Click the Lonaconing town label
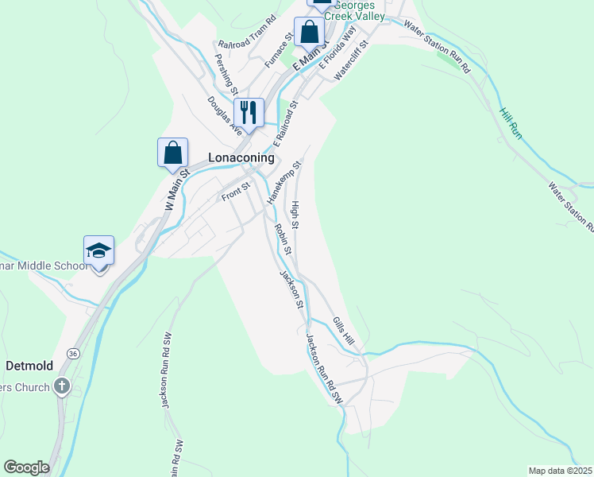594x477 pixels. (241, 157)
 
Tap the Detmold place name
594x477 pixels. (29, 366)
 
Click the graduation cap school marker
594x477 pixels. (99, 251)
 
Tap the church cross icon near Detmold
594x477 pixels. (63, 387)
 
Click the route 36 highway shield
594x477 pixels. (73, 353)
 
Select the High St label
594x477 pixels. (295, 215)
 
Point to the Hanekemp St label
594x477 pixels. (281, 183)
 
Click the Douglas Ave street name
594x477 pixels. (224, 116)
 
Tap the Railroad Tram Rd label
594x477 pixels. (246, 41)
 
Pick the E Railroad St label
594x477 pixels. (285, 123)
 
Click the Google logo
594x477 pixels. (26, 467)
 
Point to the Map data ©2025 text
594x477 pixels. (560, 471)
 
